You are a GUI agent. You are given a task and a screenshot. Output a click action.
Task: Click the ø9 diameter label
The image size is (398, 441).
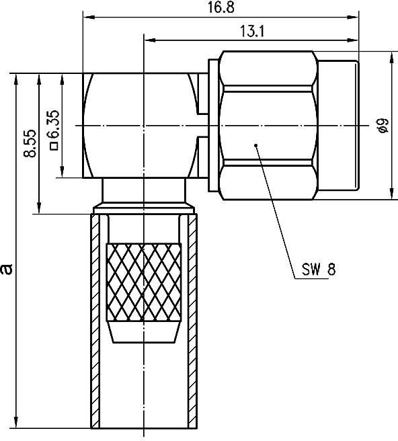click(x=382, y=125)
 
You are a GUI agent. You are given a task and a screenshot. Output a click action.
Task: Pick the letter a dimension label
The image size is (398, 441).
click(x=7, y=268)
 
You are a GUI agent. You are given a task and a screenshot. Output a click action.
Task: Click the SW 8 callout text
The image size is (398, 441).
click(x=315, y=270)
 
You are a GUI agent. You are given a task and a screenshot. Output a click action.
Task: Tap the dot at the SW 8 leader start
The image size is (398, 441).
click(x=255, y=144)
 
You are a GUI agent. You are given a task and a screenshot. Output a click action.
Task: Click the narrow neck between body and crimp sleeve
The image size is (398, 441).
click(x=144, y=191)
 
